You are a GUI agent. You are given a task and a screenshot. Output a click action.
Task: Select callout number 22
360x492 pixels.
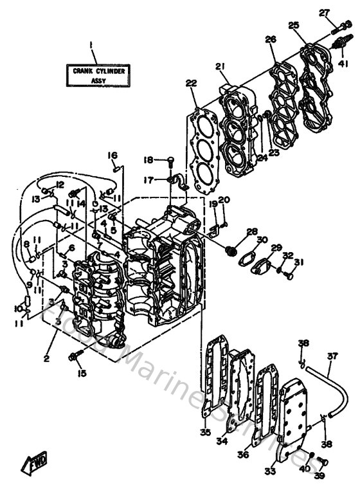coord(191,83)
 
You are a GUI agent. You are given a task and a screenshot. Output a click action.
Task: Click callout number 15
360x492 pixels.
coord(80,374)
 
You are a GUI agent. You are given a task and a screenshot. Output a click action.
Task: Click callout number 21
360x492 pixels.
coord(221,67)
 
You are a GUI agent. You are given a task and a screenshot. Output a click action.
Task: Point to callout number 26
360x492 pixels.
coord(271,39)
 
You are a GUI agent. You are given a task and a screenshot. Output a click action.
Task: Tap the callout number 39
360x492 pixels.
coord(319,476)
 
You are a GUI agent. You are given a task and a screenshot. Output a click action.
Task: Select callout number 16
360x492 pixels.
coord(113,155)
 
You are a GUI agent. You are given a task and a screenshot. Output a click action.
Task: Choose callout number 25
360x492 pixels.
coord(294,25)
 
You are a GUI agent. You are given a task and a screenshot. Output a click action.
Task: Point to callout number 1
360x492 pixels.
coord(91,45)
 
